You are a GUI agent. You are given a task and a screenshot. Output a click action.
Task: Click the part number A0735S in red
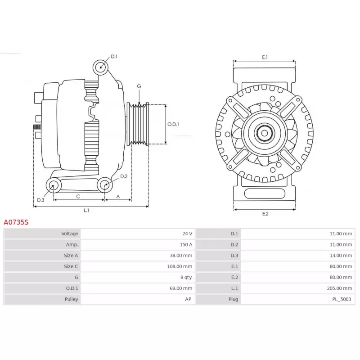pos(16,222)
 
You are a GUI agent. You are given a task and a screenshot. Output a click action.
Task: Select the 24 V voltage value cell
pos(187,234)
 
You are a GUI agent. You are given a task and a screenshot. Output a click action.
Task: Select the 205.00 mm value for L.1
pos(340,288)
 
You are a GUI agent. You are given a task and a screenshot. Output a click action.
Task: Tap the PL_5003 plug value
pos(342,299)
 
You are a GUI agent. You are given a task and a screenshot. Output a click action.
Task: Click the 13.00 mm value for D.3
pos(341,256)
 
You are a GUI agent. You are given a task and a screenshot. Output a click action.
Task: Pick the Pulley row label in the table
pos(71,299)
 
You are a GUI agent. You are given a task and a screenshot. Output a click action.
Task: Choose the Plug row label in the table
pos(234,299)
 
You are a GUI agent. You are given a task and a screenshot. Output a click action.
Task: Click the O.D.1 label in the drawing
pos(173,124)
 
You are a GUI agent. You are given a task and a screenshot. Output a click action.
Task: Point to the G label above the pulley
pos(139,86)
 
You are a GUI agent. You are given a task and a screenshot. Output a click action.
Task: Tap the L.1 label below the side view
pos(86,210)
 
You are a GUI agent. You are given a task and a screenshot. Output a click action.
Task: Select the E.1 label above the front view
pos(265,57)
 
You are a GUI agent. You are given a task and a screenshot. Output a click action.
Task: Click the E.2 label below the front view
pos(265,213)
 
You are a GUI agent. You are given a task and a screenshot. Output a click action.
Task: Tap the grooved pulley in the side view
pos(138,124)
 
